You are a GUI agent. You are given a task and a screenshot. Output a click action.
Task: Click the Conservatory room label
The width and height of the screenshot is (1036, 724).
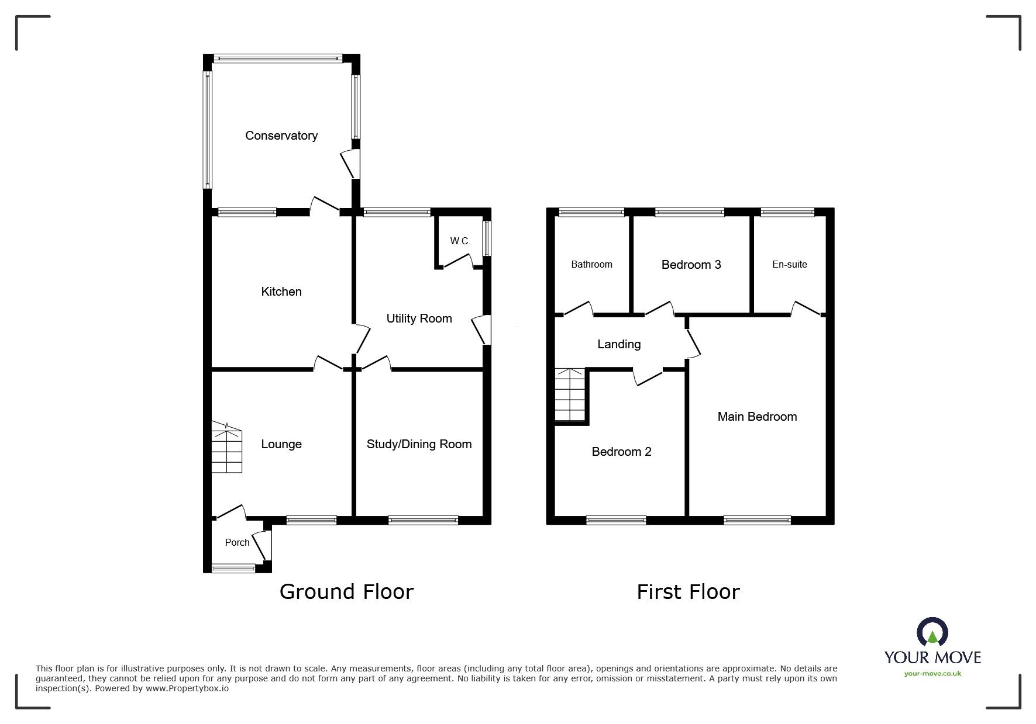coord(281,136)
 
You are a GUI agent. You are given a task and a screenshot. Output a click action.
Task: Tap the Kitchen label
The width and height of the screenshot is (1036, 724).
coord(281,292)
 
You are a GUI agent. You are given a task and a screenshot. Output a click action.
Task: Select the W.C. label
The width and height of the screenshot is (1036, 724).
coord(460,241)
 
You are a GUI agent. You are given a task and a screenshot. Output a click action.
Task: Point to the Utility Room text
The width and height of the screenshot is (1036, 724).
coord(419,318)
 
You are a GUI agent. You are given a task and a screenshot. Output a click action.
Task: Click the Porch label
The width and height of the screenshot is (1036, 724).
coord(237,543)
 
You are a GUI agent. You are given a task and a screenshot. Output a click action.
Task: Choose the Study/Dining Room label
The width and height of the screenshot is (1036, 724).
coord(419,444)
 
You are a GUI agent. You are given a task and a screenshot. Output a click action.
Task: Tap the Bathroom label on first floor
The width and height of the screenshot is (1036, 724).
coord(591,265)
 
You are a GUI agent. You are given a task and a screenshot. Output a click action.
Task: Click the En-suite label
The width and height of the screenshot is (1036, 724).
coord(789,265)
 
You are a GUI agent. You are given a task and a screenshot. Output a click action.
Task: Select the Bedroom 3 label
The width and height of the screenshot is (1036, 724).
coord(691,265)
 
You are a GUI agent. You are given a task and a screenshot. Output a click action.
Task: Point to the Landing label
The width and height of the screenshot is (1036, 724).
coord(619,344)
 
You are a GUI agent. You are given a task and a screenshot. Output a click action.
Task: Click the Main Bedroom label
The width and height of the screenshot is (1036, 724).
coord(757,417)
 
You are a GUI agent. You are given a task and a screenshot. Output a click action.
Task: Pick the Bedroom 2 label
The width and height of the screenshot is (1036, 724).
coord(621,452)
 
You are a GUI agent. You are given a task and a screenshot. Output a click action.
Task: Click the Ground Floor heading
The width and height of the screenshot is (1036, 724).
coord(346,592)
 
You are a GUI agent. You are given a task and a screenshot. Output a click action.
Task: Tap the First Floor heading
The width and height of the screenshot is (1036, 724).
coord(688,592)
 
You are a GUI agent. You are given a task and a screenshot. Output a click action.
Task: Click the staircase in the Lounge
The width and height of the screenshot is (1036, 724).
coord(226,448)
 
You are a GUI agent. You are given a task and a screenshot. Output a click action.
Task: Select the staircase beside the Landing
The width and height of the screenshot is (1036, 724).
coord(570,395)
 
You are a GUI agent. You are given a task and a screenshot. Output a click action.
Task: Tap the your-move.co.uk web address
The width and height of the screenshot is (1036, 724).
coord(932,674)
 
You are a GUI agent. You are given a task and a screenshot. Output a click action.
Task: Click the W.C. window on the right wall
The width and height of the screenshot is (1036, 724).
coord(487,238)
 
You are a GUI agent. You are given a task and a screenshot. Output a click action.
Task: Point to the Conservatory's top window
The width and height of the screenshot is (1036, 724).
coord(278,58)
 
